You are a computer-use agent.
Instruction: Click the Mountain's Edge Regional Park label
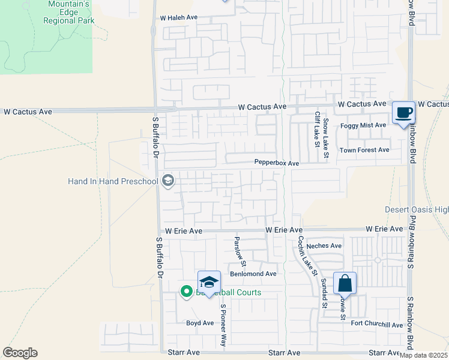68,12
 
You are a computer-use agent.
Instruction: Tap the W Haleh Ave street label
178,18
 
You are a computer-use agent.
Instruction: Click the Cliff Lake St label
316,129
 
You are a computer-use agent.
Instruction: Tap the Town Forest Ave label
364,150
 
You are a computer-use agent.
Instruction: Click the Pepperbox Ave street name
276,163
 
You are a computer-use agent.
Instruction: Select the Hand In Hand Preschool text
113,181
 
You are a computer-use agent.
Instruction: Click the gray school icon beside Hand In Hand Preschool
168,181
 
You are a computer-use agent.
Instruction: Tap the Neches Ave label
324,245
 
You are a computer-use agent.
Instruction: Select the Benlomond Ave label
253,274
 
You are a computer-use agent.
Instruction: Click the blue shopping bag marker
345,283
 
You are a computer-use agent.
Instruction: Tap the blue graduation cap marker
209,282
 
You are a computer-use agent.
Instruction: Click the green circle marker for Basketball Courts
186,293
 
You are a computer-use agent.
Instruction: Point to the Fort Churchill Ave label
377,325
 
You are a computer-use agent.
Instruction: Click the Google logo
20,353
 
